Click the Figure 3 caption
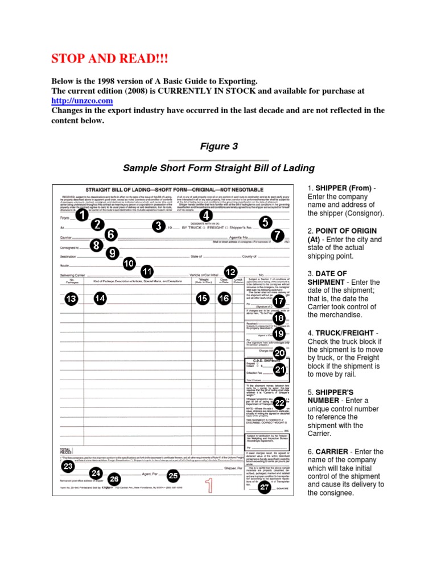[x=218, y=147]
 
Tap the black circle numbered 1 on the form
[x=82, y=216]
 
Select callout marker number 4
[x=206, y=215]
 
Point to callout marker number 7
[x=277, y=235]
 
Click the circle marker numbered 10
[x=129, y=263]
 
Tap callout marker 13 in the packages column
[x=71, y=299]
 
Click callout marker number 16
[x=224, y=298]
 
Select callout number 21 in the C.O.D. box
[x=279, y=370]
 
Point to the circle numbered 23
[x=68, y=466]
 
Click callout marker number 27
[x=265, y=487]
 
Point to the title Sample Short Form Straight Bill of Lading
[x=218, y=168]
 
